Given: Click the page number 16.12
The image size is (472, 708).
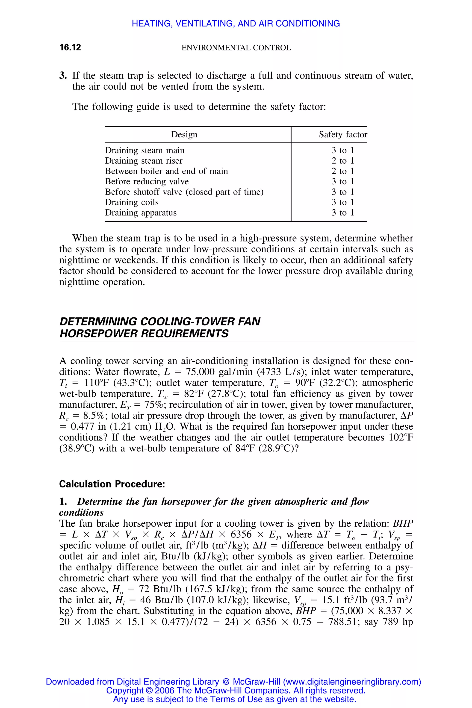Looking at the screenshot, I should click(70, 47).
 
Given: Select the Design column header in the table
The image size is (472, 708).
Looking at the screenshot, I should click(184, 135).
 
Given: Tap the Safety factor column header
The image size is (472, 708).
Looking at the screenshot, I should click(343, 135).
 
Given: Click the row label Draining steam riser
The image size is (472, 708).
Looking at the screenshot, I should click(144, 161).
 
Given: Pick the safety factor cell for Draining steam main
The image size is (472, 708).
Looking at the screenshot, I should click(342, 150).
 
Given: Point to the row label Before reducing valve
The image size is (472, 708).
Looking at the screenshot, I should click(147, 182).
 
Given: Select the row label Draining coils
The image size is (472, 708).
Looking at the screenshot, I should click(132, 202).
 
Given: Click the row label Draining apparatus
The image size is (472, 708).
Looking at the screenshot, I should click(141, 213).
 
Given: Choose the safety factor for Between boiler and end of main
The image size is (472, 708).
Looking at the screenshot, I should click(342, 171).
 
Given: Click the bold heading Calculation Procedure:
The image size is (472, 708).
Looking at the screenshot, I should click(112, 484).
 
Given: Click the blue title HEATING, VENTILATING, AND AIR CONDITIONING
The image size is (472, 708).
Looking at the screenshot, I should click(236, 24).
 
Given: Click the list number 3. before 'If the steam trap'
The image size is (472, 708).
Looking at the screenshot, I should click(63, 76).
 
